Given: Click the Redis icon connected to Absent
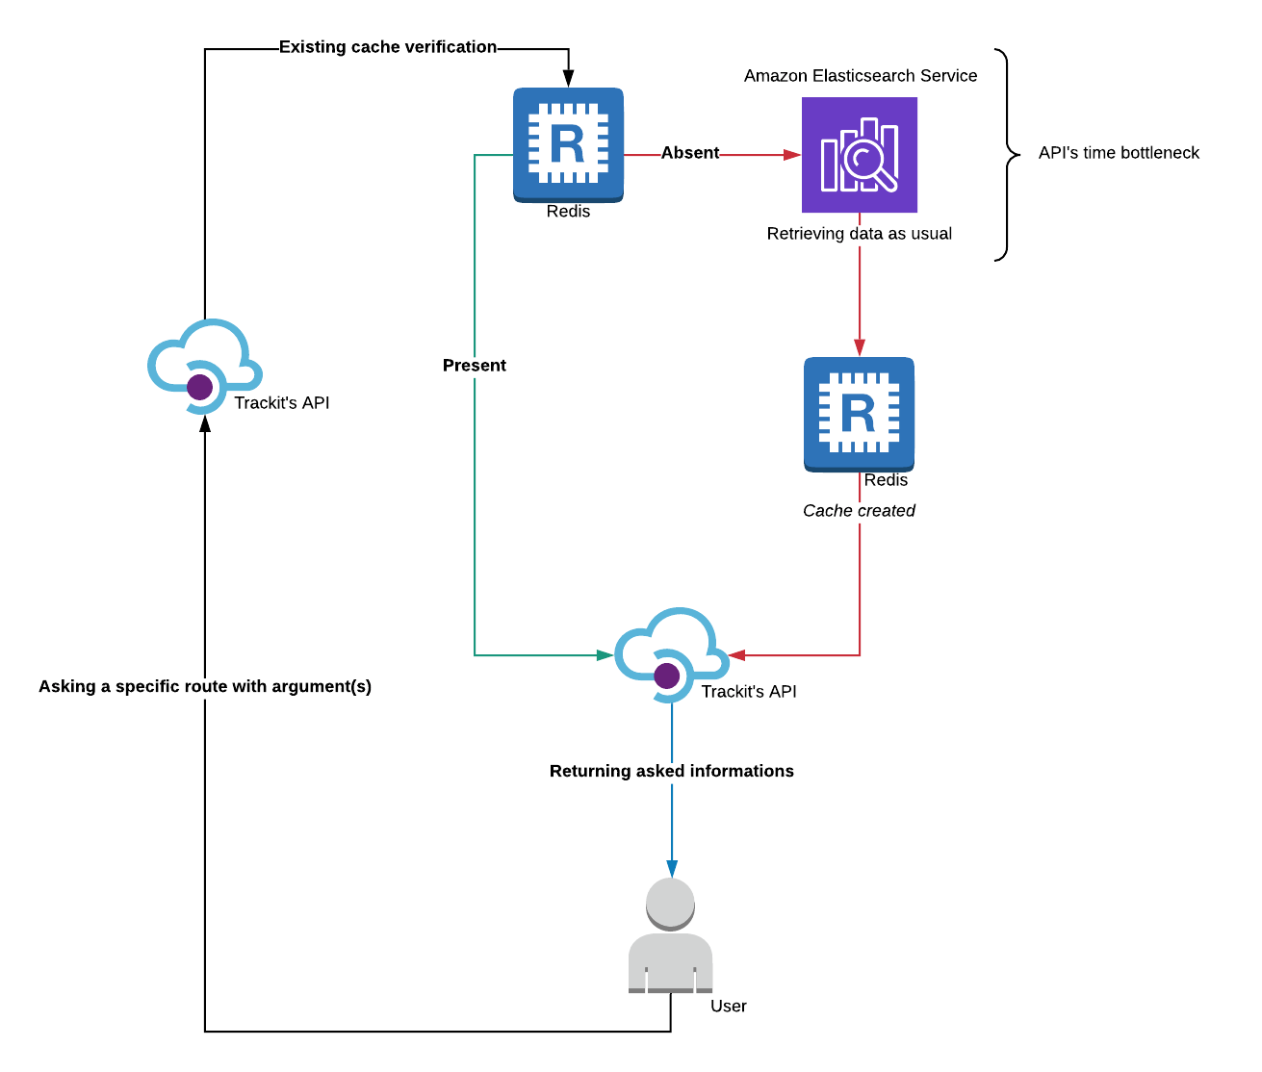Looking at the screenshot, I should coord(568,144).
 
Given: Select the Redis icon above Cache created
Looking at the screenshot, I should coord(859,414).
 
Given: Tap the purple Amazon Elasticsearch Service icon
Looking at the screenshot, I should coord(859,154).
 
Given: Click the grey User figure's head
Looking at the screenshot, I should coord(670,903).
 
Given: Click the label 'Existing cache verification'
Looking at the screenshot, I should coord(388,47).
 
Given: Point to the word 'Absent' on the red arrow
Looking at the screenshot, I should coord(689,153).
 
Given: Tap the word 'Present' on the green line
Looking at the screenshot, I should coord(474,366).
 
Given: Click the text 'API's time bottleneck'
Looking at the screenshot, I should coord(1119,153).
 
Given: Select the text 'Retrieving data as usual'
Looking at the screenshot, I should coord(859,234).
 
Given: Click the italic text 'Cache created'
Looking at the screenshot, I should coord(859,511).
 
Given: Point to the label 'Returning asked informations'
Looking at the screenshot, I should coord(671,771).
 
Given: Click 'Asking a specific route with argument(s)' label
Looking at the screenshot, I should coord(205,686).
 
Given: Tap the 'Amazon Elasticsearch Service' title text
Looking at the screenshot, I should coord(860,76).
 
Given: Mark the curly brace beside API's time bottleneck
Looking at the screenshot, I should coord(1006,154).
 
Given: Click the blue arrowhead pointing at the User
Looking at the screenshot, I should coord(672,868).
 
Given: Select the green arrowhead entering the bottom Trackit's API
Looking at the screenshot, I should coord(605,655).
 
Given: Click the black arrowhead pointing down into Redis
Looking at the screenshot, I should coord(568,79).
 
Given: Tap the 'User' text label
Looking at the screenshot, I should coord(728,1007).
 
